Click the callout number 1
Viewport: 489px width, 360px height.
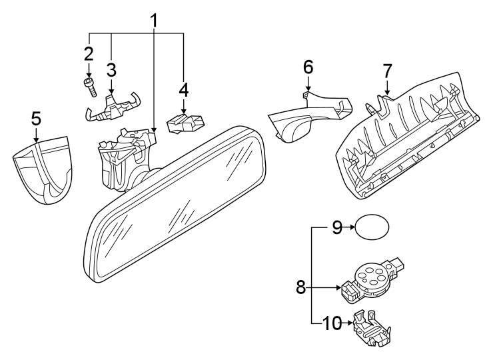pos(155,20)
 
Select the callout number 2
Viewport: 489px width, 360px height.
pos(89,53)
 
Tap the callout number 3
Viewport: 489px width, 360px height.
pos(111,69)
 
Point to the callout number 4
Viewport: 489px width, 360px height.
pos(183,89)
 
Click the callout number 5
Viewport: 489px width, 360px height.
pos(36,119)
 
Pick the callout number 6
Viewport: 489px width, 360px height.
pos(308,67)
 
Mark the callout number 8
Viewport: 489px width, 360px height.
pos(300,288)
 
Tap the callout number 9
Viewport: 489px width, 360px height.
pos(337,228)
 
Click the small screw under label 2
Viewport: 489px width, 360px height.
pos(89,85)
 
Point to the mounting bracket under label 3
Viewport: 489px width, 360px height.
pos(112,106)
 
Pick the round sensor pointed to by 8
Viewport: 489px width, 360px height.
pos(372,276)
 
